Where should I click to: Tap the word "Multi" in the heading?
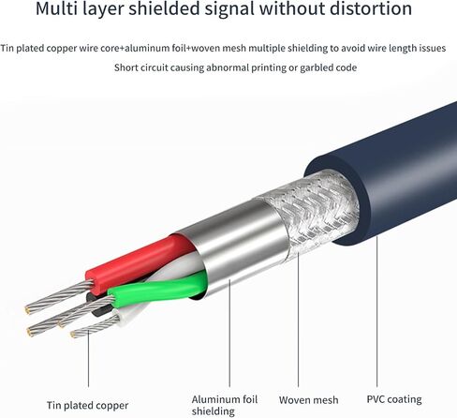(56, 8)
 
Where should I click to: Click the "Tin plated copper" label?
(87, 406)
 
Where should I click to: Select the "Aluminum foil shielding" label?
(225, 405)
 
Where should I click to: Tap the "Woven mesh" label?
(308, 400)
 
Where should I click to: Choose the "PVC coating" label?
(394, 399)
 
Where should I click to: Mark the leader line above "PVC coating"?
(376, 311)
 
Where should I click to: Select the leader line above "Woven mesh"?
(298, 320)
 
